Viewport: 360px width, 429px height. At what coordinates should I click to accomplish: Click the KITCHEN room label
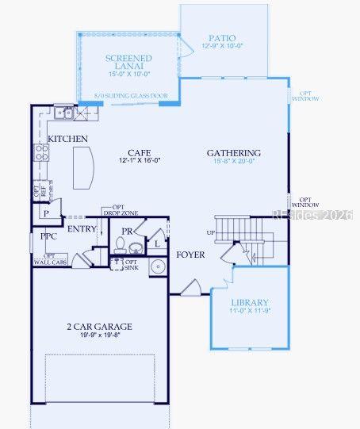pos(67,140)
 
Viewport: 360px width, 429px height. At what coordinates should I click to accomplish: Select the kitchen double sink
pos(64,113)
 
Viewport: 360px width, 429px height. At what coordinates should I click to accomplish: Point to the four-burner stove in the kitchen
pos(40,150)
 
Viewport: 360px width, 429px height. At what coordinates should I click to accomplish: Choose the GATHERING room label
pos(234,153)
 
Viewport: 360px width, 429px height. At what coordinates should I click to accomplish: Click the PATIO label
pos(222,38)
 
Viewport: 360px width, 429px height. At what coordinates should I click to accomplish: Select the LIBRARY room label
pos(250,303)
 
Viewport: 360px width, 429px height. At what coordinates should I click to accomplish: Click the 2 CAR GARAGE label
pos(100,326)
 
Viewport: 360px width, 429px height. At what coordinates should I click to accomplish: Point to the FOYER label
pos(190,255)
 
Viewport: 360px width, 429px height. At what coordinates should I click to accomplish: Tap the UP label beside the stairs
pos(209,232)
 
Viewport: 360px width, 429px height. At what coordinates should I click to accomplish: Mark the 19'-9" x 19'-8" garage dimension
pos(100,335)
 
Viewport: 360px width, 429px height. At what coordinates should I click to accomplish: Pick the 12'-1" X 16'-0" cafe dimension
pos(140,160)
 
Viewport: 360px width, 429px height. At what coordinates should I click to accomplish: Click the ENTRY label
pos(82,229)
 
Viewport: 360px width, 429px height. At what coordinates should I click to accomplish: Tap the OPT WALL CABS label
pos(49,259)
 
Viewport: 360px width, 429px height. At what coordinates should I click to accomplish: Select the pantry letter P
pos(46,213)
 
